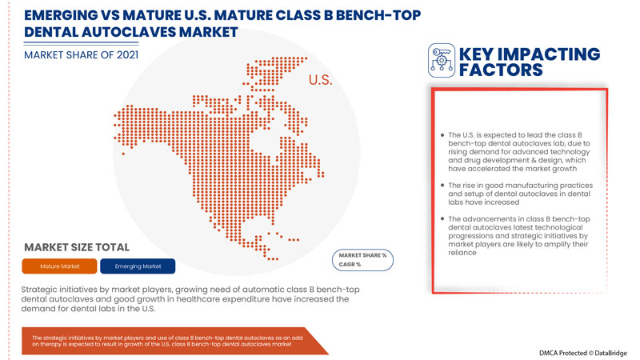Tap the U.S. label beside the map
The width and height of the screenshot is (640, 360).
coord(320,82)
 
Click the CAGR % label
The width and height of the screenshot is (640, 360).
coord(350,265)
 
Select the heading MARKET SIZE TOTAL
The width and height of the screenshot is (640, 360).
coord(77,246)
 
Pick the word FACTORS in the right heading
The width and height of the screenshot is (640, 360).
coord(501,70)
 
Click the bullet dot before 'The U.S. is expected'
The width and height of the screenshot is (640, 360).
coord(442,135)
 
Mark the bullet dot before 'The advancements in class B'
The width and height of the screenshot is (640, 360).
coord(442,218)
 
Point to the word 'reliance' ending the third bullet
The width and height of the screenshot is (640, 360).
coord(464,253)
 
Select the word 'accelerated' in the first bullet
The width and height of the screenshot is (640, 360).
coord(502,168)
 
